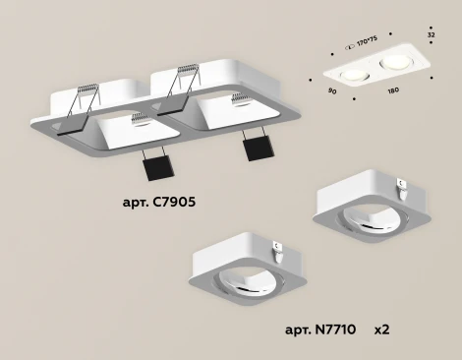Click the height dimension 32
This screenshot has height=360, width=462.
coord(430,35)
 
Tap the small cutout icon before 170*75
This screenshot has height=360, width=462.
coord(353,45)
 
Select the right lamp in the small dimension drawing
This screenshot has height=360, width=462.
coord(397,63)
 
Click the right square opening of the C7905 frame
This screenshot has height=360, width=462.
coord(232,109)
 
